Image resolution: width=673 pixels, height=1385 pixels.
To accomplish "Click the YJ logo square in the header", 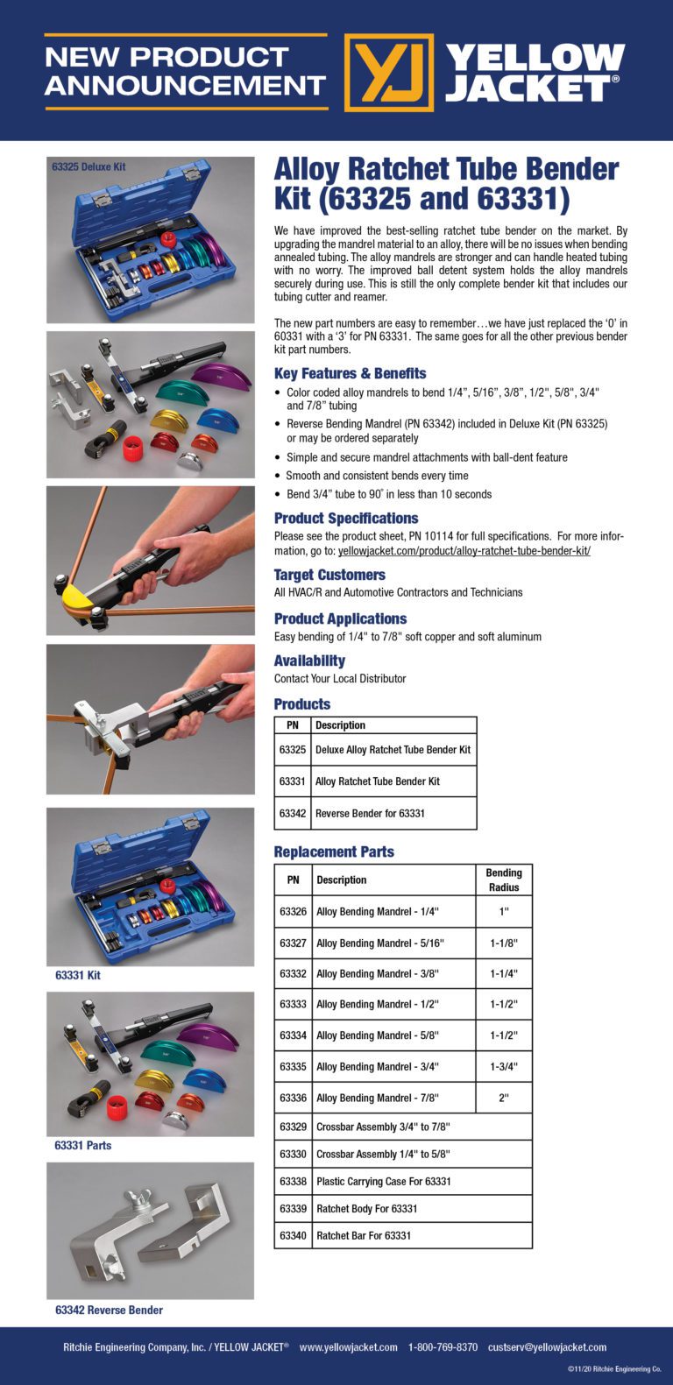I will click(388, 73).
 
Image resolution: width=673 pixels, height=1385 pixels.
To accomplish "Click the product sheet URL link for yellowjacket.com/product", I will click(464, 551).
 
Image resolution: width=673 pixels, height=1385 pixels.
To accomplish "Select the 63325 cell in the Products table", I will click(293, 750).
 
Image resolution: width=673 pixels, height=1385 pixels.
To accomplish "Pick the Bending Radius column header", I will click(504, 880).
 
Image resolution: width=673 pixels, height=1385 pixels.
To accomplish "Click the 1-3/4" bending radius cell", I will click(504, 1067).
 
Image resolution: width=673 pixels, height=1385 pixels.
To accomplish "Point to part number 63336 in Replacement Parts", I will click(293, 1098).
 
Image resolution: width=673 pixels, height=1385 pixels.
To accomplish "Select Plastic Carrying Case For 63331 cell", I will click(384, 1182).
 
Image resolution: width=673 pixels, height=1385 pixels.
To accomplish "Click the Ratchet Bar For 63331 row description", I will click(364, 1236).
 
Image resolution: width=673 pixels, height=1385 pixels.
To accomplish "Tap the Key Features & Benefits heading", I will click(351, 373).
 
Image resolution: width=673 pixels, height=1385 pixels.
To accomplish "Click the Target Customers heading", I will click(329, 575).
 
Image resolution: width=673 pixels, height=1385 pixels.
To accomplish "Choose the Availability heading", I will click(309, 661).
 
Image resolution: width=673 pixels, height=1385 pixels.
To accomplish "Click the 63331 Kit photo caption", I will click(78, 975).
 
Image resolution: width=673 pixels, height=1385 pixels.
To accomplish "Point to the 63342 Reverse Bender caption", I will click(109, 1310).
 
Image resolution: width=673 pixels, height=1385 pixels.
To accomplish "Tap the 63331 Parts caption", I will click(83, 1145).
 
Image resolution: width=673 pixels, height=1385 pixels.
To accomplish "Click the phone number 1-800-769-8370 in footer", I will click(443, 1347).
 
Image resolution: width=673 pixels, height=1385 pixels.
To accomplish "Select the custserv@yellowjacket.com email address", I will click(547, 1347).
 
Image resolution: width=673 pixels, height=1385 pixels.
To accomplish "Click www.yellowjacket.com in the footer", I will click(348, 1347).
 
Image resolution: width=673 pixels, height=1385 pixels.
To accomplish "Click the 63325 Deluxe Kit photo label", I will click(89, 166).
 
